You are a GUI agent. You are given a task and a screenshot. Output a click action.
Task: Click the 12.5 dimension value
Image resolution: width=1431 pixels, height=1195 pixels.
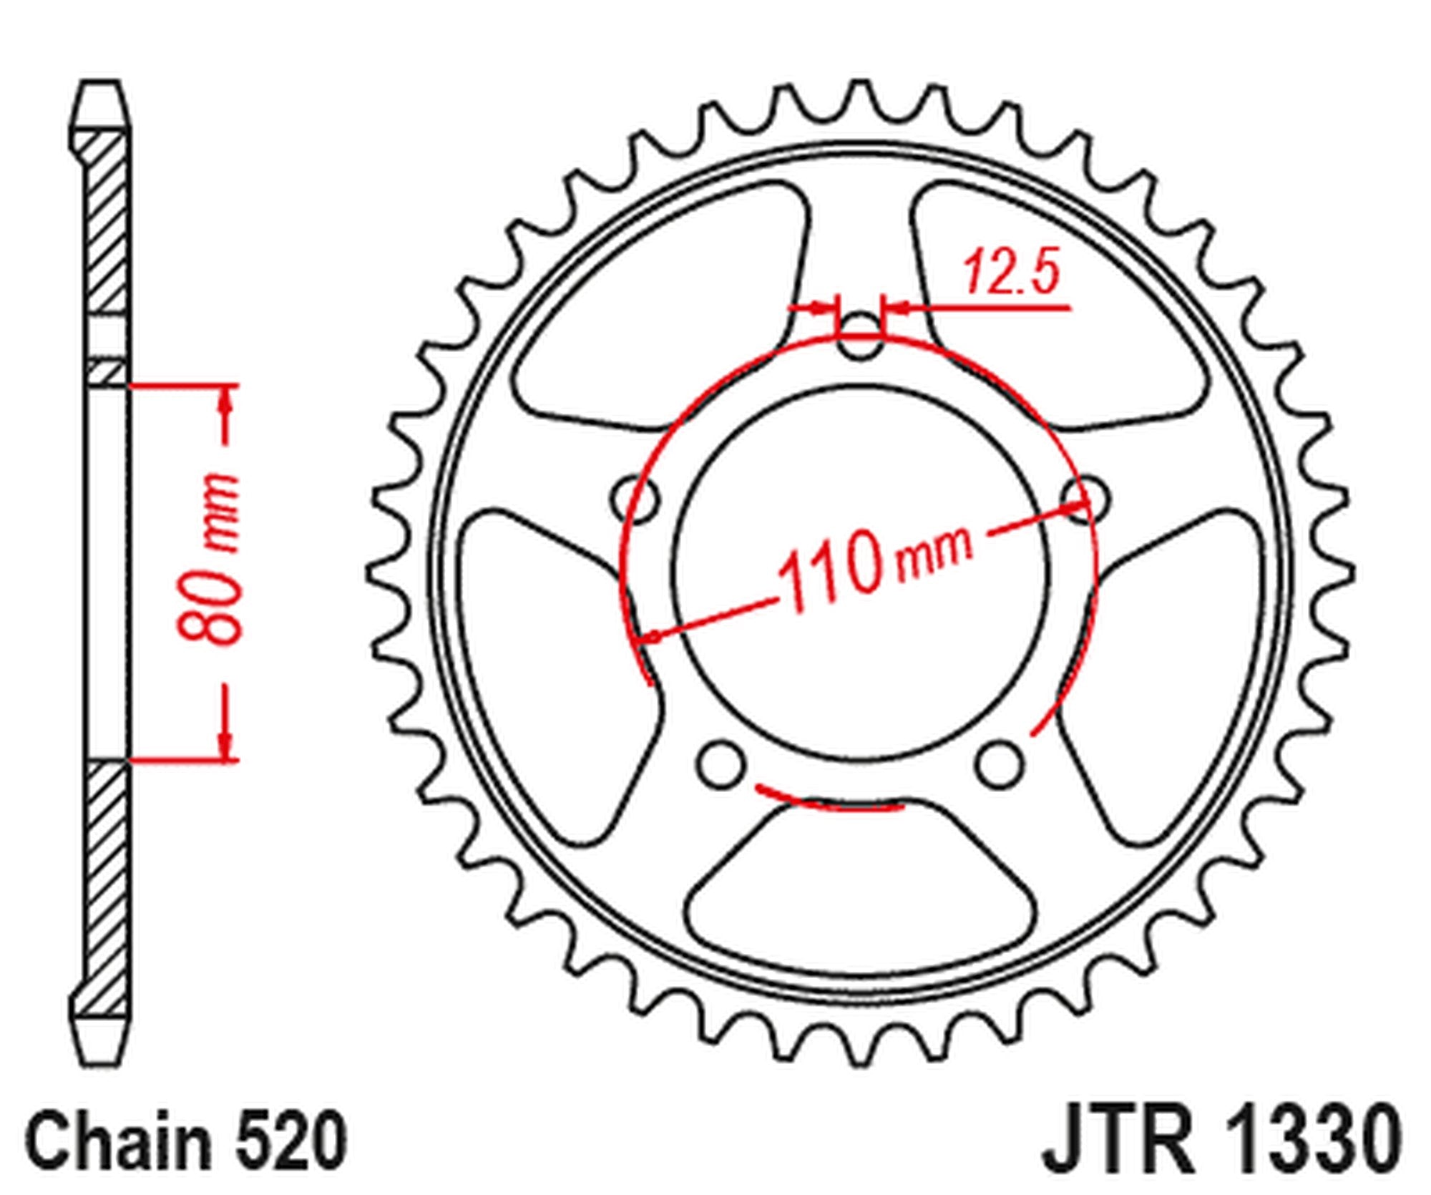pos(1011,273)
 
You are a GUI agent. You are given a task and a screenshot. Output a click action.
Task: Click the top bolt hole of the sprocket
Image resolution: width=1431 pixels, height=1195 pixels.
pos(859,337)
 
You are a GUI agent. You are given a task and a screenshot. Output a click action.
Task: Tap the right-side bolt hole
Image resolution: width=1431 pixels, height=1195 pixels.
pos(1084,497)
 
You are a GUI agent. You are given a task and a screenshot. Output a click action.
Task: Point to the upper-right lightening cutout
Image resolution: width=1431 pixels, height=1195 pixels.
pos(1059,308)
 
